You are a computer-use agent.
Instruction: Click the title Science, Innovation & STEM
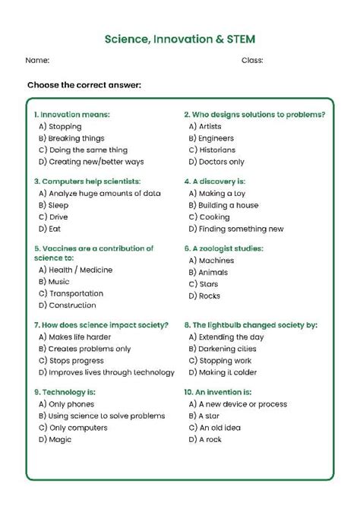click(x=180, y=39)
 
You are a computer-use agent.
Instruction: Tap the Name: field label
click(x=38, y=60)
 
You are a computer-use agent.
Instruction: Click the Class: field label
click(x=252, y=60)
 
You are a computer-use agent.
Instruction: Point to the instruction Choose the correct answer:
click(x=84, y=84)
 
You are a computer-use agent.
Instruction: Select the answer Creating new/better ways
click(x=91, y=162)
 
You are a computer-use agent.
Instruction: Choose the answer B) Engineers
click(x=211, y=139)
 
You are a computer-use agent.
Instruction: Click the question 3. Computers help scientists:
click(x=87, y=182)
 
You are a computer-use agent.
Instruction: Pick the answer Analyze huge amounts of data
click(x=99, y=194)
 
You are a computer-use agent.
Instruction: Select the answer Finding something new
click(x=235, y=229)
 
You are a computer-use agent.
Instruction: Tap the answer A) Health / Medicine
click(x=75, y=270)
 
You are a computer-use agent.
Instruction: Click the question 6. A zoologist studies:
click(x=223, y=248)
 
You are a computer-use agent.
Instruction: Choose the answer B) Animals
click(x=208, y=272)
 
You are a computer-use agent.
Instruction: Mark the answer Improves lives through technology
click(x=100, y=372)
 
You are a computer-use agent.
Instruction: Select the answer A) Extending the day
click(x=226, y=337)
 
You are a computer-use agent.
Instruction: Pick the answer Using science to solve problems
click(x=101, y=416)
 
